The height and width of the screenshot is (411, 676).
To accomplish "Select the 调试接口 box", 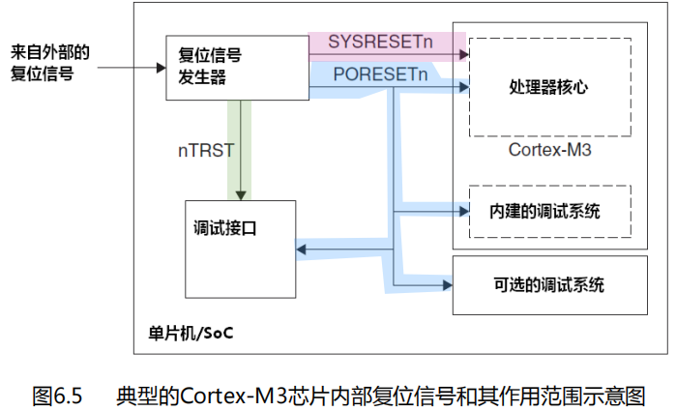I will pyautogui.click(x=240, y=250).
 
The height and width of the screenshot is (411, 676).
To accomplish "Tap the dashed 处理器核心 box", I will pyautogui.click(x=549, y=88).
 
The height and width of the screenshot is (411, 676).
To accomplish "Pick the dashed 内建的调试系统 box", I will pyautogui.click(x=549, y=211).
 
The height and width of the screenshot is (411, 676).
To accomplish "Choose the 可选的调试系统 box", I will pyautogui.click(x=549, y=284).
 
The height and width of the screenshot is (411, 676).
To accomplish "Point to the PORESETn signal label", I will pyautogui.click(x=379, y=74).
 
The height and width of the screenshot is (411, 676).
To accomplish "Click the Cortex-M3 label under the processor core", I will pyautogui.click(x=549, y=151).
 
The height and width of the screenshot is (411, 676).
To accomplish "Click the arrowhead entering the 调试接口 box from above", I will pyautogui.click(x=239, y=194).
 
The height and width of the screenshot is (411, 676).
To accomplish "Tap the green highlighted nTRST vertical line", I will pyautogui.click(x=239, y=145).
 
